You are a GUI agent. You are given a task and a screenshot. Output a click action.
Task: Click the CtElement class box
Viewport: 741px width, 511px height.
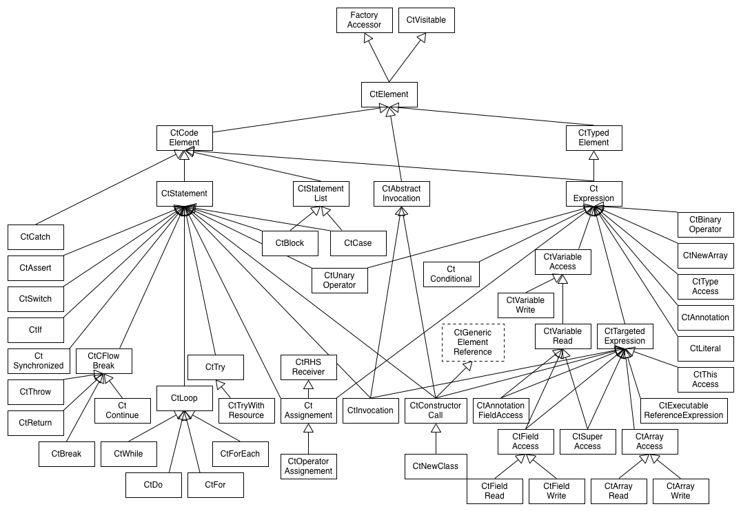(x=389, y=94)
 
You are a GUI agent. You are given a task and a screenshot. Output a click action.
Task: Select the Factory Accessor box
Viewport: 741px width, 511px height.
(x=365, y=20)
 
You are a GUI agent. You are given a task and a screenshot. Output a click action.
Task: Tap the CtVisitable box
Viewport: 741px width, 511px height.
(x=426, y=20)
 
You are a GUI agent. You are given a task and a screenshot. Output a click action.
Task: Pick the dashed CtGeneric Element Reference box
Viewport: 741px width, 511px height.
(x=473, y=342)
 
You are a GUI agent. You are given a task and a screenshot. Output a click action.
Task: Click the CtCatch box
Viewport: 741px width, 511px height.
(x=35, y=237)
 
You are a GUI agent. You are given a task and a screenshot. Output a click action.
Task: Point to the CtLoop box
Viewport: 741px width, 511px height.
(x=184, y=398)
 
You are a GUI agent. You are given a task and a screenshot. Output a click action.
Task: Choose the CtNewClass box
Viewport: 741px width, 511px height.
(x=436, y=467)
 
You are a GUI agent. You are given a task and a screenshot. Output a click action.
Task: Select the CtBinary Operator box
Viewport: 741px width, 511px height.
(x=706, y=225)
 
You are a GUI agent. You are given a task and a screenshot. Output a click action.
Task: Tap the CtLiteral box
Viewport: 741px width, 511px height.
(x=706, y=348)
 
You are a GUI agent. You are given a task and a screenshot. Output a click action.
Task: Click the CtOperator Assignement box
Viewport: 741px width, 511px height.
(x=309, y=467)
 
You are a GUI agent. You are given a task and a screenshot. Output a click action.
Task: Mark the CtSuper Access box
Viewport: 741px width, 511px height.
(x=588, y=441)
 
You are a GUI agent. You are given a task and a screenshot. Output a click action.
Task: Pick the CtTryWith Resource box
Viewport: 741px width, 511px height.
(x=247, y=411)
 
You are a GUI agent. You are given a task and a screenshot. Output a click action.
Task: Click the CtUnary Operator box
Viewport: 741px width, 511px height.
(x=340, y=280)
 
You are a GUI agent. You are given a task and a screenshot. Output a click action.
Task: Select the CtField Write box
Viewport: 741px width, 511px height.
(x=557, y=491)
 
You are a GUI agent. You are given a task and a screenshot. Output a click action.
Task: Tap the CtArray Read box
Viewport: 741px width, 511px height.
(x=618, y=491)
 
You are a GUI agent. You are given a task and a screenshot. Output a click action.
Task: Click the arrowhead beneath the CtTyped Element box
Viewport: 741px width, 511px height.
(x=594, y=156)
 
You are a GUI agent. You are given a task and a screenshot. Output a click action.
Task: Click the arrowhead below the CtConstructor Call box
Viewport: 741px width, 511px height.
(x=436, y=428)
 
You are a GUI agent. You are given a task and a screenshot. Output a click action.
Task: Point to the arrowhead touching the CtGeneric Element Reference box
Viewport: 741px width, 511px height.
(x=467, y=366)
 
